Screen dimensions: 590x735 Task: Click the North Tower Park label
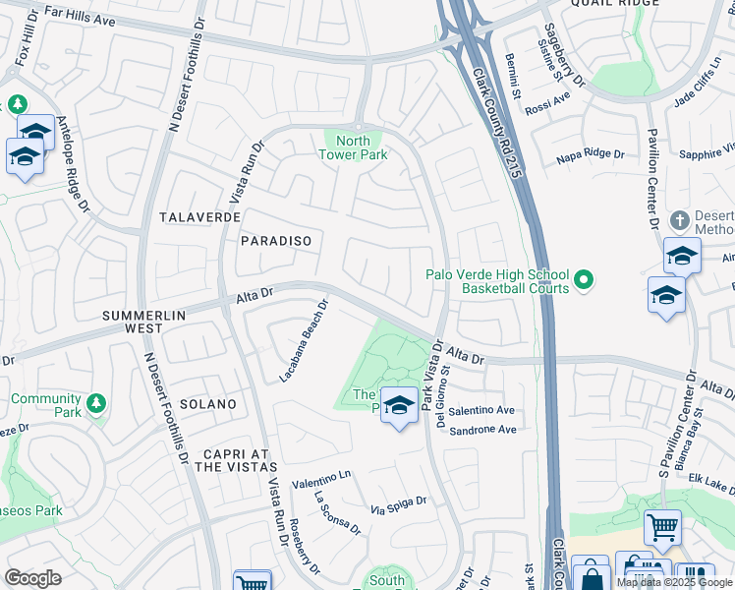(x=355, y=147)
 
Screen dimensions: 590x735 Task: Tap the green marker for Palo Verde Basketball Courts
(x=584, y=281)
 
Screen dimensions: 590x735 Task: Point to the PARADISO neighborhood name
(x=276, y=241)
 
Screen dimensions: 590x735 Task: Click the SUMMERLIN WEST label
(x=144, y=322)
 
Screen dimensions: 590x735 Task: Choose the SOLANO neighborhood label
(x=207, y=404)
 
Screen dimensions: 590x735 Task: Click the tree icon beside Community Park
(x=95, y=402)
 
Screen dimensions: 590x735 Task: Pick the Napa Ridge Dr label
(x=590, y=154)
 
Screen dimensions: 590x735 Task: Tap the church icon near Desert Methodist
(x=679, y=219)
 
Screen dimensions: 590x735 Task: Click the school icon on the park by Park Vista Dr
(x=398, y=404)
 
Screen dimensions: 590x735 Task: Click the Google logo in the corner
(x=32, y=578)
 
